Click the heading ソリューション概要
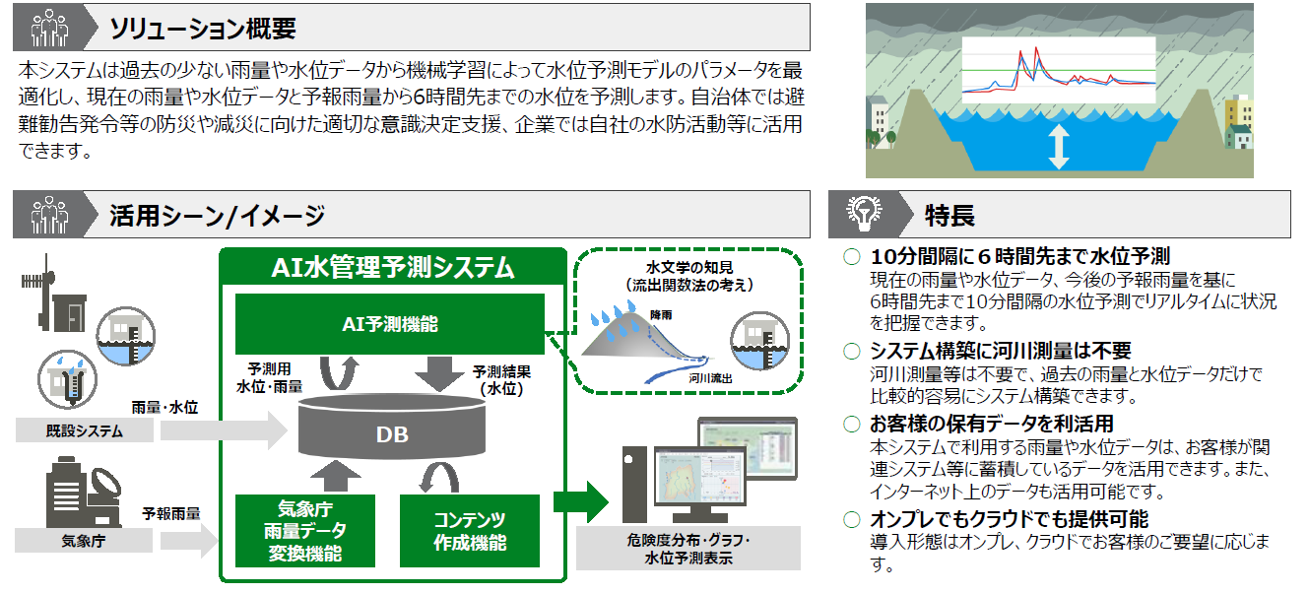point(203,28)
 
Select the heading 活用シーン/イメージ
point(218,216)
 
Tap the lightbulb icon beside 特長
point(864,213)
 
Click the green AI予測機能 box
point(388,323)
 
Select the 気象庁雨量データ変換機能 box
point(305,531)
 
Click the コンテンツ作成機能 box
point(470,531)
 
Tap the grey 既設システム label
point(85,430)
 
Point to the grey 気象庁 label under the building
point(85,540)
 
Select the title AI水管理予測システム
point(392,267)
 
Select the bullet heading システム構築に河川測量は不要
point(1001,351)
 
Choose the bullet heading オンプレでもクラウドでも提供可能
point(1009,519)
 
